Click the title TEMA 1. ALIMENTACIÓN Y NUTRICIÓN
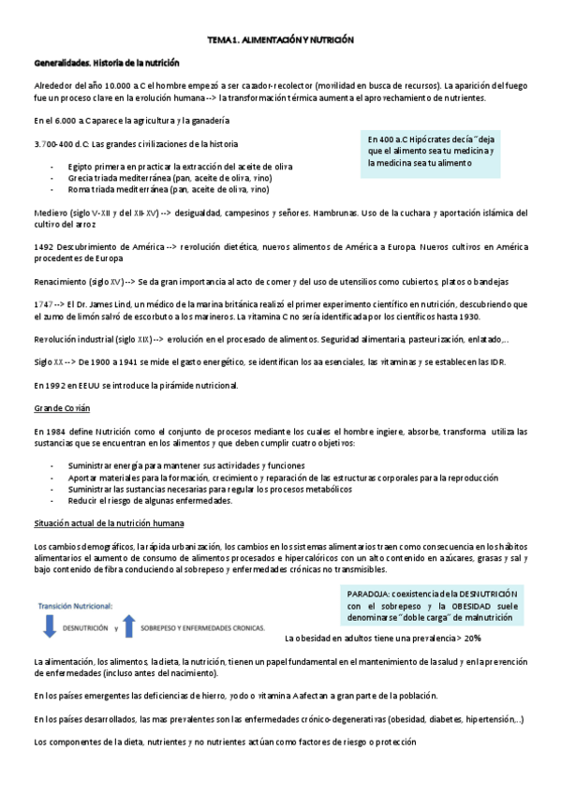[x=280, y=41]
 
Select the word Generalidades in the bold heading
[x=59, y=62]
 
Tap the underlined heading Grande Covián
[x=61, y=408]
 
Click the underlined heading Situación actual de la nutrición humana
[x=108, y=522]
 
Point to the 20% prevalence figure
[x=471, y=638]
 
